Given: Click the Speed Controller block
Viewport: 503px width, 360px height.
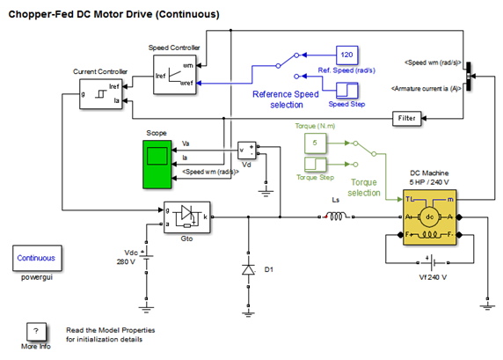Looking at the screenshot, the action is [175, 75].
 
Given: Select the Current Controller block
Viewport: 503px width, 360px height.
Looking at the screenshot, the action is [101, 94].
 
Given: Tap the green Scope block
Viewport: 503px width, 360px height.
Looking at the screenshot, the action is [157, 164].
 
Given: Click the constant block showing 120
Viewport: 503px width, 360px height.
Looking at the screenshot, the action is [346, 55].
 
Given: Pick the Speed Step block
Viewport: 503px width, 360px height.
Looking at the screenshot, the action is [346, 91].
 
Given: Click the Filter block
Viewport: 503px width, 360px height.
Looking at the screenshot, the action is [407, 119].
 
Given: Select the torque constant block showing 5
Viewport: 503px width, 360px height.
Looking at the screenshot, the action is [315, 143].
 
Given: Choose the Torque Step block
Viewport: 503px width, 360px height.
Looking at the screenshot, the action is [315, 165].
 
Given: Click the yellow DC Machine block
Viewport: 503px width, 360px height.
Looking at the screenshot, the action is [429, 217].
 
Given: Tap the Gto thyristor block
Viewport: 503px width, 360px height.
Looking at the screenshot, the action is [187, 217].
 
